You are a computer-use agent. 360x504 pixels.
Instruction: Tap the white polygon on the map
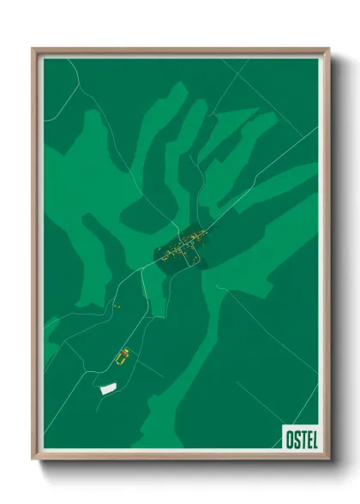[109, 388]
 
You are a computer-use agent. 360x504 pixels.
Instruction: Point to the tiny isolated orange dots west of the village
[115, 304]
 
